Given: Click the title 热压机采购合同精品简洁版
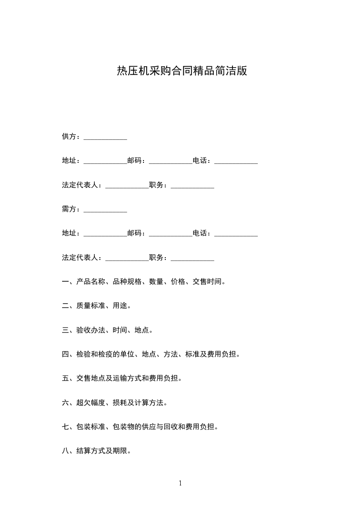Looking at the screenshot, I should tap(182, 71).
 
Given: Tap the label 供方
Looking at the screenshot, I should tap(69, 137).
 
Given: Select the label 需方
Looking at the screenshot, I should tap(69, 209).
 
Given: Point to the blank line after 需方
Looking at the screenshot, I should tap(105, 210).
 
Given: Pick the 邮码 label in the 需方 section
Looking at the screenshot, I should tap(134, 233).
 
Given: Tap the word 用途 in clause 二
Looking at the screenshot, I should tap(120, 306).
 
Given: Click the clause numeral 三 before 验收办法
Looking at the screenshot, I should tap(65, 330).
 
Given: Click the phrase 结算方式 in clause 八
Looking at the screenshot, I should tap(91, 451).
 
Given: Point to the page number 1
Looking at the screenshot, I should tap(180, 484).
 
